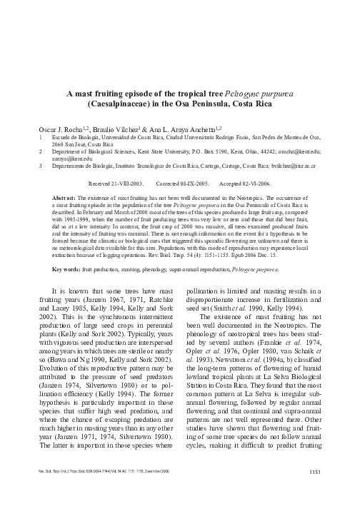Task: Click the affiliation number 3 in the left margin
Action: tap(41, 166)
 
